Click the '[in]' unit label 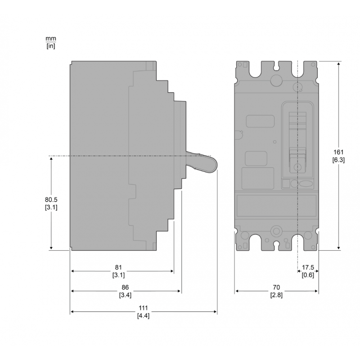click(x=51, y=45)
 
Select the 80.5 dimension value click(x=51, y=199)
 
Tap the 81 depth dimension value click(x=119, y=267)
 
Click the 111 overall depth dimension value click(x=143, y=308)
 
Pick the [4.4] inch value click(x=143, y=315)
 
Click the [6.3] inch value click(x=338, y=160)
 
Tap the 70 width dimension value click(x=276, y=287)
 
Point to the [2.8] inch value click(x=276, y=295)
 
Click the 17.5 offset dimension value click(x=308, y=267)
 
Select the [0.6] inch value click(x=308, y=275)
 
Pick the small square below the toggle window click(x=285, y=183)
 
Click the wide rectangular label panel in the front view click(x=276, y=206)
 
